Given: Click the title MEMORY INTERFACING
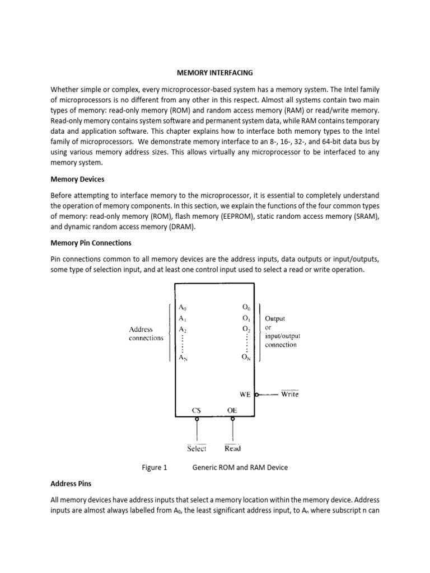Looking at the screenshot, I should pos(215,73).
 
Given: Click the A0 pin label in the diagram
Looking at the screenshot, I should pos(184,307).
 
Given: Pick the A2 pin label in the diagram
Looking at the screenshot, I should pos(183,330).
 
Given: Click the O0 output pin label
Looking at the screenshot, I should pos(247,307).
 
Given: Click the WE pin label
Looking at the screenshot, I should pos(245,394).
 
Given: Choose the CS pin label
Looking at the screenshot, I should pos(197,410).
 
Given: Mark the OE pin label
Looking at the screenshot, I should pos(232,410).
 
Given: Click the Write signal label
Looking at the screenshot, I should pos(289,394).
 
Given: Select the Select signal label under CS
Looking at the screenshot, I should pos(197,448).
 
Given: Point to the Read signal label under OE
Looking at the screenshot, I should pos(232,448).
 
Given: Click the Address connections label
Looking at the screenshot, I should pos(146,334).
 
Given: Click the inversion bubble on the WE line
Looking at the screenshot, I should pos(257,394).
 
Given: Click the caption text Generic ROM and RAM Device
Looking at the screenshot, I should pos(240,467).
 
